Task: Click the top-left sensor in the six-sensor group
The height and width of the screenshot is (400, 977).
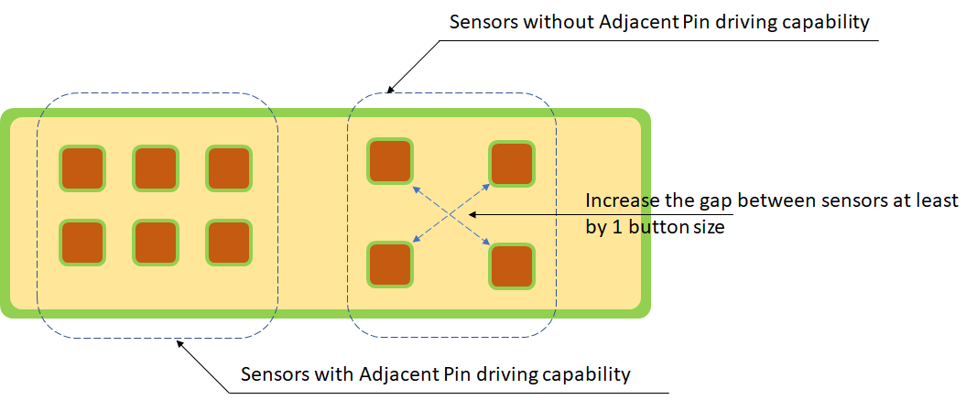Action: [82, 168]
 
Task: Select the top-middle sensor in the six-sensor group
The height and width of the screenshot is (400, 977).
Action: [156, 168]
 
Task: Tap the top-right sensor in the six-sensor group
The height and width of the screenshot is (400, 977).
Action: [228, 168]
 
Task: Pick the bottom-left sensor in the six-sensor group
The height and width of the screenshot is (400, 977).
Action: [82, 243]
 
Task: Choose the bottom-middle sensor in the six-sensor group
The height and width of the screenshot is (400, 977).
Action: [156, 243]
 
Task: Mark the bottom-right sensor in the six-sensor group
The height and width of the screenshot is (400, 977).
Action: [228, 243]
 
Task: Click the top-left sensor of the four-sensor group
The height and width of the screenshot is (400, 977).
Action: [390, 160]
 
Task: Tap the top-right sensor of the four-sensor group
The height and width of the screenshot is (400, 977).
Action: [512, 165]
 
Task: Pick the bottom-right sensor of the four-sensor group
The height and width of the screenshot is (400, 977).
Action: [512, 266]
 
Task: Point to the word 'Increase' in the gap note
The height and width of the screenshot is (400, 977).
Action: [618, 200]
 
